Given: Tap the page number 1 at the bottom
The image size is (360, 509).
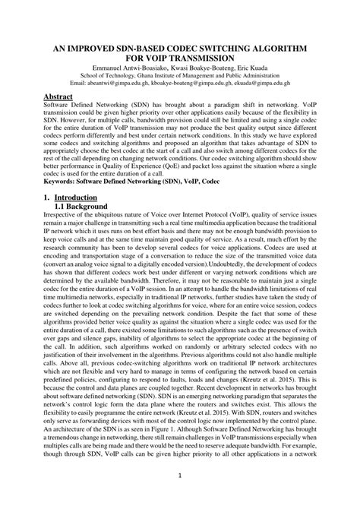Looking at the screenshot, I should coord(180,476).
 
